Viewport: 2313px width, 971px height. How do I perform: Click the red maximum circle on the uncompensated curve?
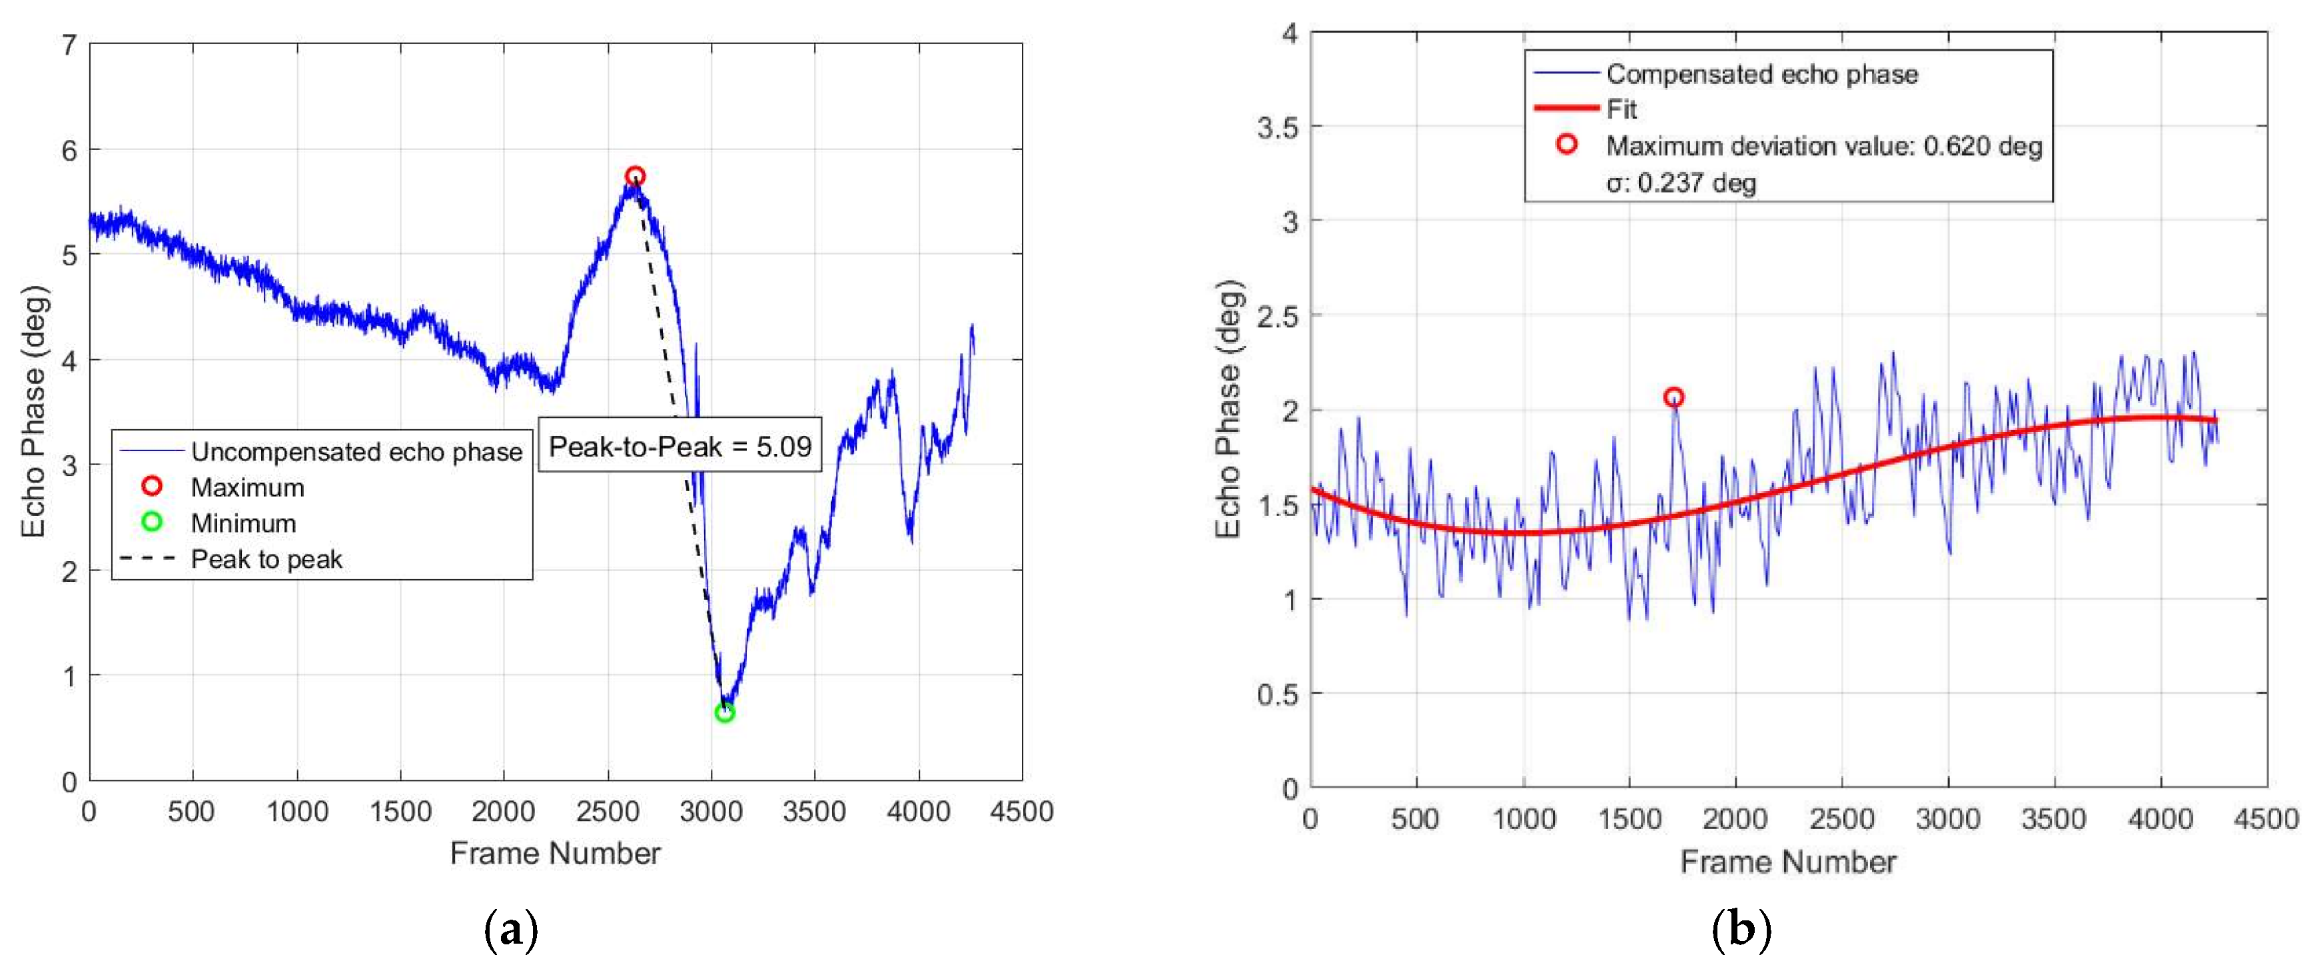point(635,176)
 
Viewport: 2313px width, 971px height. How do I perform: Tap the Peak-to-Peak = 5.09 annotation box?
point(680,447)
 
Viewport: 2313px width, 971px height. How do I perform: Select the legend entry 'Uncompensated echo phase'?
point(356,452)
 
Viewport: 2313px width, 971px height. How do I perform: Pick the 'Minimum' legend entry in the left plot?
point(242,522)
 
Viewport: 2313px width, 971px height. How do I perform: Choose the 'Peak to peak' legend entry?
point(266,558)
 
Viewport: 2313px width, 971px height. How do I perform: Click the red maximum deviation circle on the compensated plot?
point(1673,397)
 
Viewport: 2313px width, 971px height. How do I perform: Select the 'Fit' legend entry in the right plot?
point(1621,109)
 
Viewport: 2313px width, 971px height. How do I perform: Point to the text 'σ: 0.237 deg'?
point(1681,183)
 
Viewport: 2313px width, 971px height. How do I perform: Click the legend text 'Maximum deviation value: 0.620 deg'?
point(1823,145)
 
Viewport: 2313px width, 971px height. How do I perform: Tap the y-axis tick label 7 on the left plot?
point(69,44)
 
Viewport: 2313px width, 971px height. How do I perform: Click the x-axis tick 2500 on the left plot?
point(608,812)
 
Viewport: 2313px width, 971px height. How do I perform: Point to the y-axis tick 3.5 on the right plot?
point(1277,127)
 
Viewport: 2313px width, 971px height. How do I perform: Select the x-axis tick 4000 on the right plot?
point(2160,818)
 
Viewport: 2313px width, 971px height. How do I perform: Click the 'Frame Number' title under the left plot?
point(555,852)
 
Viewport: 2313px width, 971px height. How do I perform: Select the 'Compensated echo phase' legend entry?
point(1761,74)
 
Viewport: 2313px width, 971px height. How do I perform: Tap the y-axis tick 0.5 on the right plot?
point(1277,694)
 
